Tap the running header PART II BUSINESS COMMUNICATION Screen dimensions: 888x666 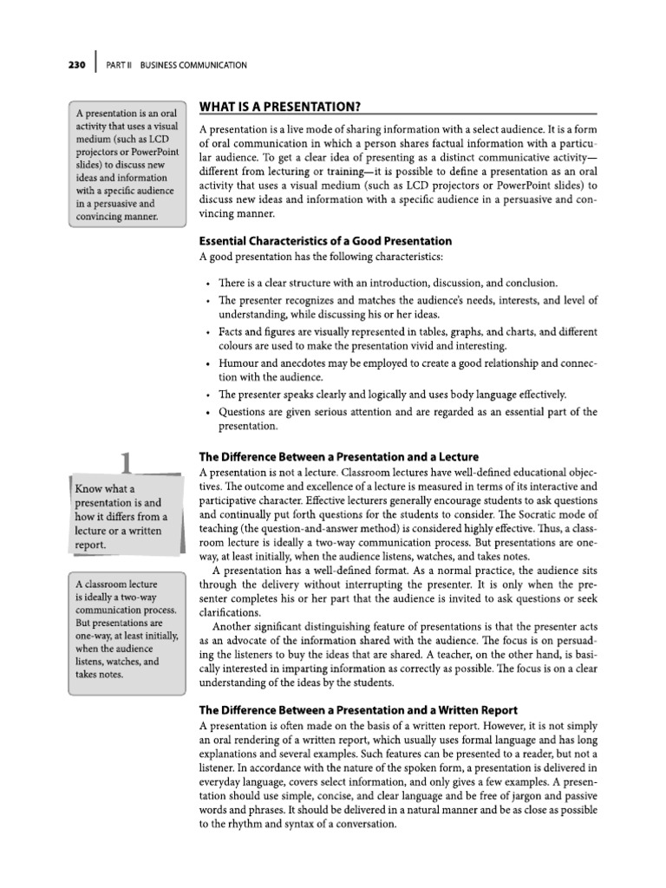[177, 65]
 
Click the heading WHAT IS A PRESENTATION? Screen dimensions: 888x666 [280, 106]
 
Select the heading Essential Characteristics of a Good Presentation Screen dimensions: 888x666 [325, 241]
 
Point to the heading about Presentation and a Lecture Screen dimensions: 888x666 [338, 457]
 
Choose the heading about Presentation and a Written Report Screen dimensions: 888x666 [357, 710]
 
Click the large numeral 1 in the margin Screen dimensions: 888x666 [127, 463]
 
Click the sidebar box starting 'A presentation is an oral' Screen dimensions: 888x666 [127, 165]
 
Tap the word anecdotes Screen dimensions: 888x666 [313, 362]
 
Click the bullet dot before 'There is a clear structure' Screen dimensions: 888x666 [208, 284]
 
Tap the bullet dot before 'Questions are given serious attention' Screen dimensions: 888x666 [208, 412]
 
